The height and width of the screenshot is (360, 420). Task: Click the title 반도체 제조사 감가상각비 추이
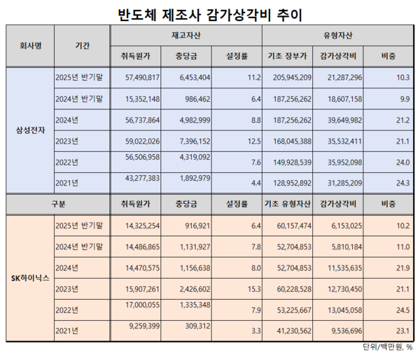(210, 15)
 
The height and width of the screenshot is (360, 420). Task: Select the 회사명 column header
(30, 44)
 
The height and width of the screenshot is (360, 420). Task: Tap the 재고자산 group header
(183, 34)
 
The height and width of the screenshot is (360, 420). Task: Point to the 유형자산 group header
(338, 34)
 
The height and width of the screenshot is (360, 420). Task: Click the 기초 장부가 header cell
(287, 55)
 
